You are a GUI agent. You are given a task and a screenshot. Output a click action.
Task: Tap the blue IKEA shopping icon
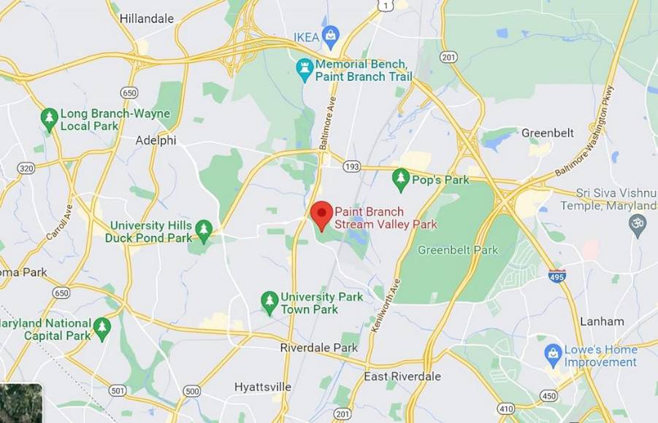pos(332,35)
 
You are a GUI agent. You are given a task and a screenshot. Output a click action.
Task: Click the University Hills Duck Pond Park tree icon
pos(204,230)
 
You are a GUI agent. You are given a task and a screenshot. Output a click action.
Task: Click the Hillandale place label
pos(146,18)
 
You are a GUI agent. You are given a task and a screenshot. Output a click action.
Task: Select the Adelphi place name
pos(156,140)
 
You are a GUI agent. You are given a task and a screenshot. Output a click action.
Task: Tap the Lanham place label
pos(602,321)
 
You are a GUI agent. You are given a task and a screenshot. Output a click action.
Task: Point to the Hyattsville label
pos(263,387)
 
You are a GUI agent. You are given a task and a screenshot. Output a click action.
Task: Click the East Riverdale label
pos(402,376)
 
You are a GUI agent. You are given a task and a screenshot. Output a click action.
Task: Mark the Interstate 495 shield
pos(556,276)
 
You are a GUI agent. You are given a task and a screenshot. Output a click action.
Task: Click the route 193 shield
pos(351,167)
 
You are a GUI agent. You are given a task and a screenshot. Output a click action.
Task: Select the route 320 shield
pos(26,168)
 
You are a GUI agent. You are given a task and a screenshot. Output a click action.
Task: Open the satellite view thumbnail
pos(20,403)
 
